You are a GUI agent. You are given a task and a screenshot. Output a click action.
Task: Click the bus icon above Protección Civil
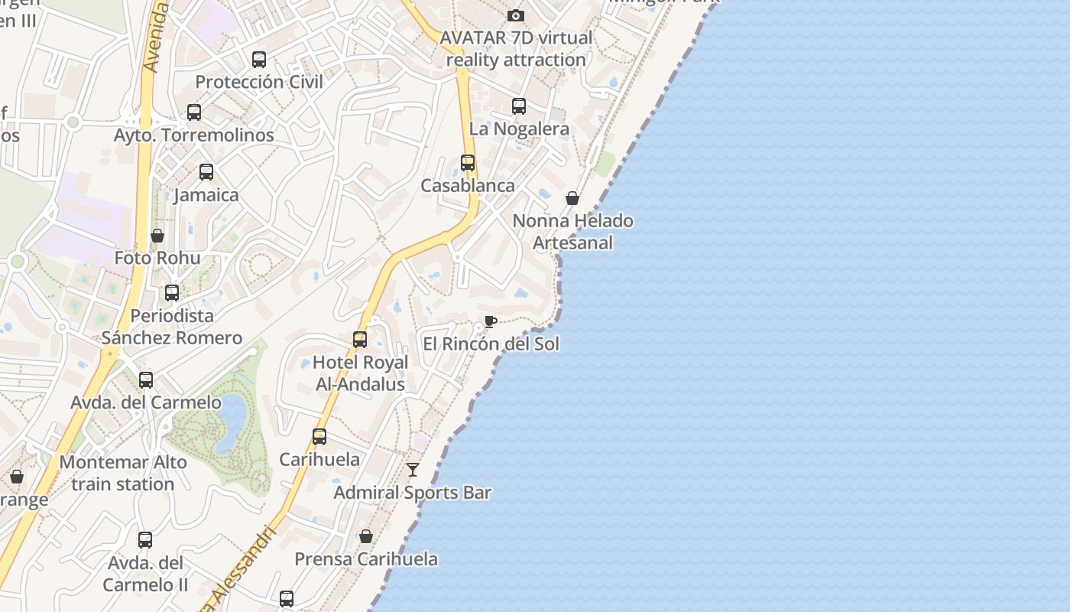(x=259, y=59)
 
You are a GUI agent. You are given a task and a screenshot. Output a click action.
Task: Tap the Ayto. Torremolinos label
(x=193, y=135)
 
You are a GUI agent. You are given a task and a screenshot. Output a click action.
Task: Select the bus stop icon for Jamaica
(x=206, y=172)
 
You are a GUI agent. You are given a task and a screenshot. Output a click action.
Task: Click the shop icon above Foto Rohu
(x=157, y=236)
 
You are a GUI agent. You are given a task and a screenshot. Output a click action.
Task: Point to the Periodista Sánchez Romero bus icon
(x=172, y=292)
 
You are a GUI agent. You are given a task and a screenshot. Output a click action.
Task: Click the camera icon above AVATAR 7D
(x=516, y=15)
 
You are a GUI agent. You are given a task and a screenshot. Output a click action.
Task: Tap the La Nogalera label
(x=519, y=129)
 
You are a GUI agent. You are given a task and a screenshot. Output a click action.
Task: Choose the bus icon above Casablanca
(x=468, y=163)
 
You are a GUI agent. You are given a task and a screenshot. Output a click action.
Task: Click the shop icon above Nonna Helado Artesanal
(x=572, y=198)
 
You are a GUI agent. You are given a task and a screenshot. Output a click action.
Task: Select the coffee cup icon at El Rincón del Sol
(x=490, y=321)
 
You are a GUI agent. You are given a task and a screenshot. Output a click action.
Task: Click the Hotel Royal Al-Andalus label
(x=360, y=373)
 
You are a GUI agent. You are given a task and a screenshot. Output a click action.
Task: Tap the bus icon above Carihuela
(x=319, y=437)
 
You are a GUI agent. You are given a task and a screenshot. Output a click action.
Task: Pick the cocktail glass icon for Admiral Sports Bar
(x=413, y=469)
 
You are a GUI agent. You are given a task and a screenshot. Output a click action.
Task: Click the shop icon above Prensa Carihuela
(x=366, y=536)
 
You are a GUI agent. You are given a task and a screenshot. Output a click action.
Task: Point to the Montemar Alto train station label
(x=123, y=473)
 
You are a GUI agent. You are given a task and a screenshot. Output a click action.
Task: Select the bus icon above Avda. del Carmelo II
(x=145, y=540)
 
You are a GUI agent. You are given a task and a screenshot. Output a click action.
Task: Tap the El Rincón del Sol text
(x=491, y=344)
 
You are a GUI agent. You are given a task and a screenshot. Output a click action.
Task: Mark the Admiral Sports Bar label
(x=412, y=493)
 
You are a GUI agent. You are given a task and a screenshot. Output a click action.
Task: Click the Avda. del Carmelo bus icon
(x=146, y=379)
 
